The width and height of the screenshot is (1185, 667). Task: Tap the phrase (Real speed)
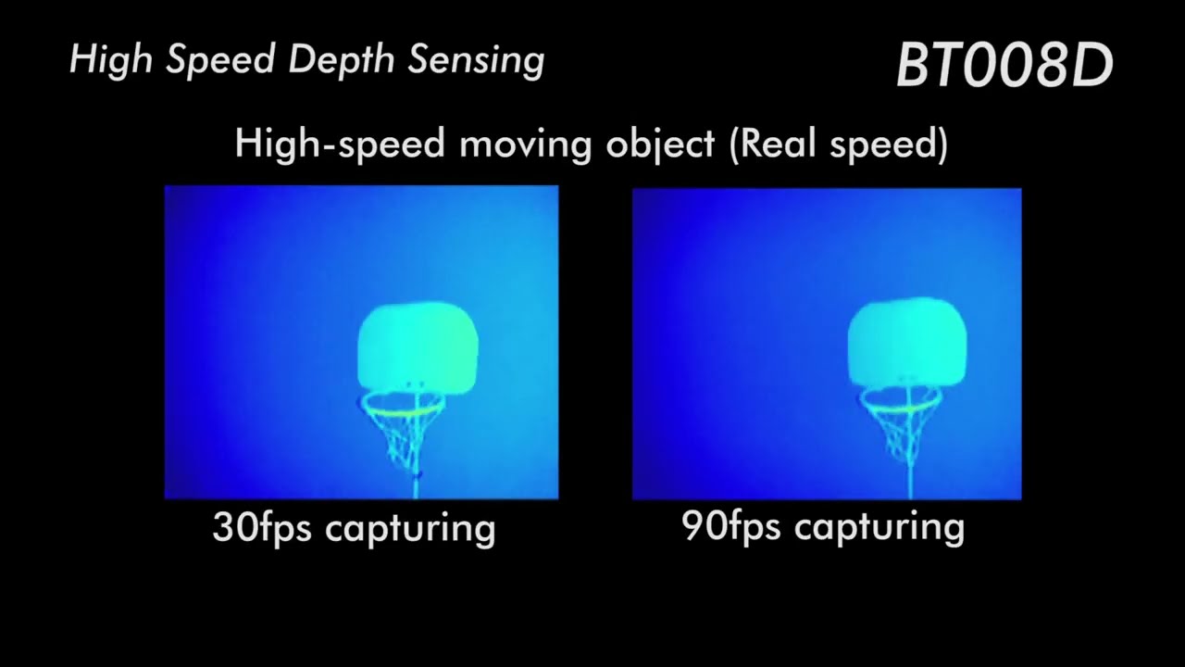point(838,145)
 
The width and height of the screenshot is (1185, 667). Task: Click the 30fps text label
point(265,527)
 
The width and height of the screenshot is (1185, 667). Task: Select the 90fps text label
point(733,526)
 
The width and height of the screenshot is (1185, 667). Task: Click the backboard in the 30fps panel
point(418,347)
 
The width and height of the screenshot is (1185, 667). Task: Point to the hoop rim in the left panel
point(403,403)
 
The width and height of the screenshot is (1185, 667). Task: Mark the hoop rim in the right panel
point(901,401)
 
